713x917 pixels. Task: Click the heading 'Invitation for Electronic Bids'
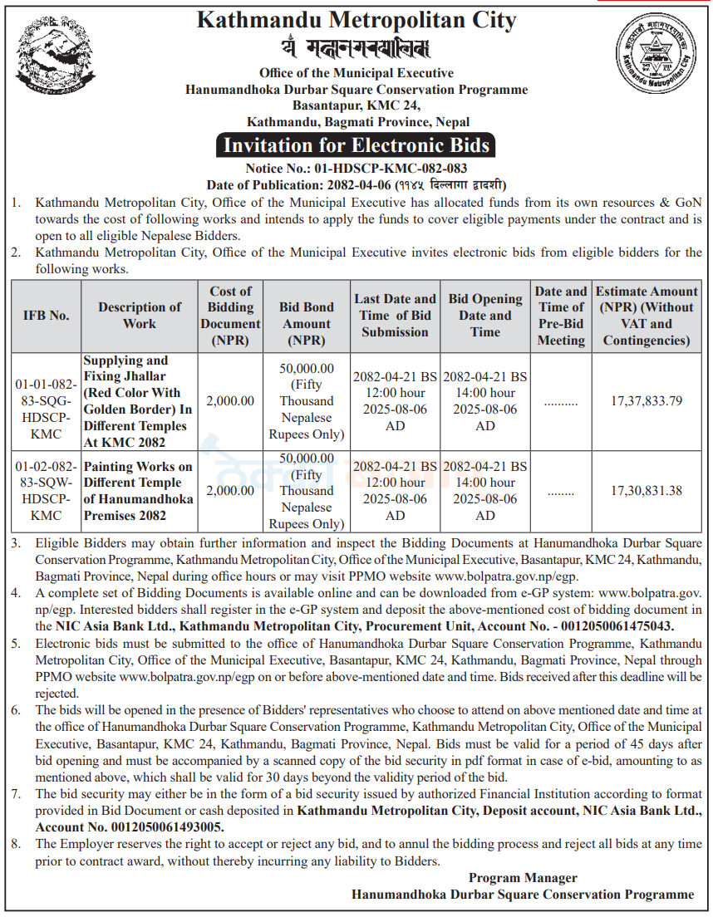point(356,145)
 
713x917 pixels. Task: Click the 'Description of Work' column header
point(140,316)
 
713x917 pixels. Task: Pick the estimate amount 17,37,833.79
point(647,400)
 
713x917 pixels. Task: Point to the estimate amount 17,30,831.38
point(647,491)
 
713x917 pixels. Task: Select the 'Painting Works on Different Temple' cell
point(139,491)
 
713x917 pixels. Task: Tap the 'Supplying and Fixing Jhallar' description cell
point(139,400)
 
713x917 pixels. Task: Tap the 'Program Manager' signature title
point(523,877)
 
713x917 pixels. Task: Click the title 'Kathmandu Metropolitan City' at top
point(356,20)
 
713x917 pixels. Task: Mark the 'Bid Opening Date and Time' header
point(485,316)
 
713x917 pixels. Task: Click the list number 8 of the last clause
point(16,843)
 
